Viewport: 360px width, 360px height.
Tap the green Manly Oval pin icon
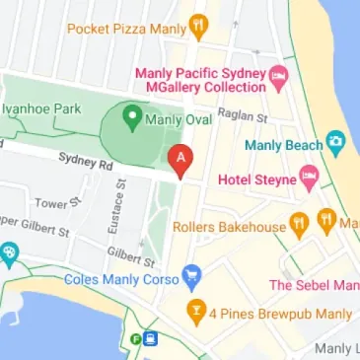(130, 118)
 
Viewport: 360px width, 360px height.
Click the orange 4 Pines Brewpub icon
(195, 314)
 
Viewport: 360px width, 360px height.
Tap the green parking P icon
(136, 339)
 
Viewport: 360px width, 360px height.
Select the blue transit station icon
(150, 339)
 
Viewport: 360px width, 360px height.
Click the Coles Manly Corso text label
(121, 279)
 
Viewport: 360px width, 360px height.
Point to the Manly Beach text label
(279, 145)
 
